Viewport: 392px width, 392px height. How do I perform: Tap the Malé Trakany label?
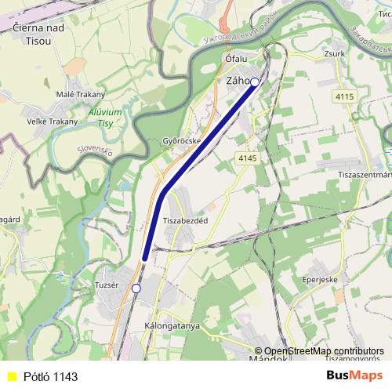click(x=80, y=95)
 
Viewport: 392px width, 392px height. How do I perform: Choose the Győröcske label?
click(x=182, y=141)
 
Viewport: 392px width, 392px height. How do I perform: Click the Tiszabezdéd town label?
click(x=185, y=221)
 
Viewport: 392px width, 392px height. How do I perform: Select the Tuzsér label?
click(x=106, y=285)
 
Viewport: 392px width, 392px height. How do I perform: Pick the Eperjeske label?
click(x=320, y=278)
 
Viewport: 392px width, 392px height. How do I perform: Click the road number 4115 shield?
click(x=344, y=96)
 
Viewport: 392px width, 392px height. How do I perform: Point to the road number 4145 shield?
click(x=248, y=158)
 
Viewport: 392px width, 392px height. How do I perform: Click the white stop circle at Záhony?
click(x=254, y=81)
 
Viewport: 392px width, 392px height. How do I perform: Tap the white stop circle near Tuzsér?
click(x=136, y=289)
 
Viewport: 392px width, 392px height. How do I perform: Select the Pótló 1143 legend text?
click(x=50, y=377)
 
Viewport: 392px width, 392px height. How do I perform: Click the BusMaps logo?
click(x=354, y=376)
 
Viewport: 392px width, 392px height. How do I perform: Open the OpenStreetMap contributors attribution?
click(x=324, y=351)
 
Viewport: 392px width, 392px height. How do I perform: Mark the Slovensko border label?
click(x=95, y=149)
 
